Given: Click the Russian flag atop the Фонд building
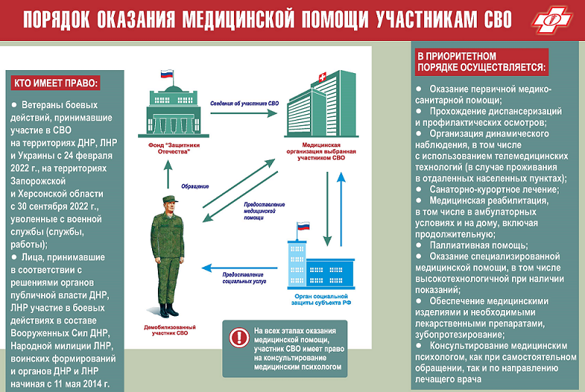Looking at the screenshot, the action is pyautogui.click(x=167, y=74).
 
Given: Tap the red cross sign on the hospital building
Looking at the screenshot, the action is pyautogui.click(x=322, y=78).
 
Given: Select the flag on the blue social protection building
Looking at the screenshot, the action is pyautogui.click(x=303, y=226).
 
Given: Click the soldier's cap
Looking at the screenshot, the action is pyautogui.click(x=170, y=199).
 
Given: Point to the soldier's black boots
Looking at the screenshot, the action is pyautogui.click(x=168, y=310).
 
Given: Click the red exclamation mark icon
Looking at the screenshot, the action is pyautogui.click(x=239, y=338).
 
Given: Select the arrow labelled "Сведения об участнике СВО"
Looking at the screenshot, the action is pyautogui.click(x=244, y=113).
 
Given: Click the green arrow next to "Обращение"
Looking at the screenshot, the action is pyautogui.click(x=168, y=174).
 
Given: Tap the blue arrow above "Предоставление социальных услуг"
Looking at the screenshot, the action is pyautogui.click(x=239, y=268).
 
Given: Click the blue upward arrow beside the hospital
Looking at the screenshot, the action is pyautogui.click(x=341, y=209).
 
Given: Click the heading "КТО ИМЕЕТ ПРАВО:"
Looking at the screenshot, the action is pyautogui.click(x=56, y=83).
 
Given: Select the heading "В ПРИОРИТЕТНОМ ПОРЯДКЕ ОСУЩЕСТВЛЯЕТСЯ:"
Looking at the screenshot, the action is pyautogui.click(x=481, y=62).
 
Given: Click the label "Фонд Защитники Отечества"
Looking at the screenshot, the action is pyautogui.click(x=174, y=148).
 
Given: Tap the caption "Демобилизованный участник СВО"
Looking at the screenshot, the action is pyautogui.click(x=170, y=330).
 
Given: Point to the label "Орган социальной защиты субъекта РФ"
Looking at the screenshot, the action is pyautogui.click(x=321, y=300).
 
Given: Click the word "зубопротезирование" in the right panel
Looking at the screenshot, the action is pyautogui.click(x=460, y=334).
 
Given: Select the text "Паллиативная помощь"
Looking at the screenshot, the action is pyautogui.click(x=478, y=246).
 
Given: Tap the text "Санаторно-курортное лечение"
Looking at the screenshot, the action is pyautogui.click(x=494, y=189).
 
